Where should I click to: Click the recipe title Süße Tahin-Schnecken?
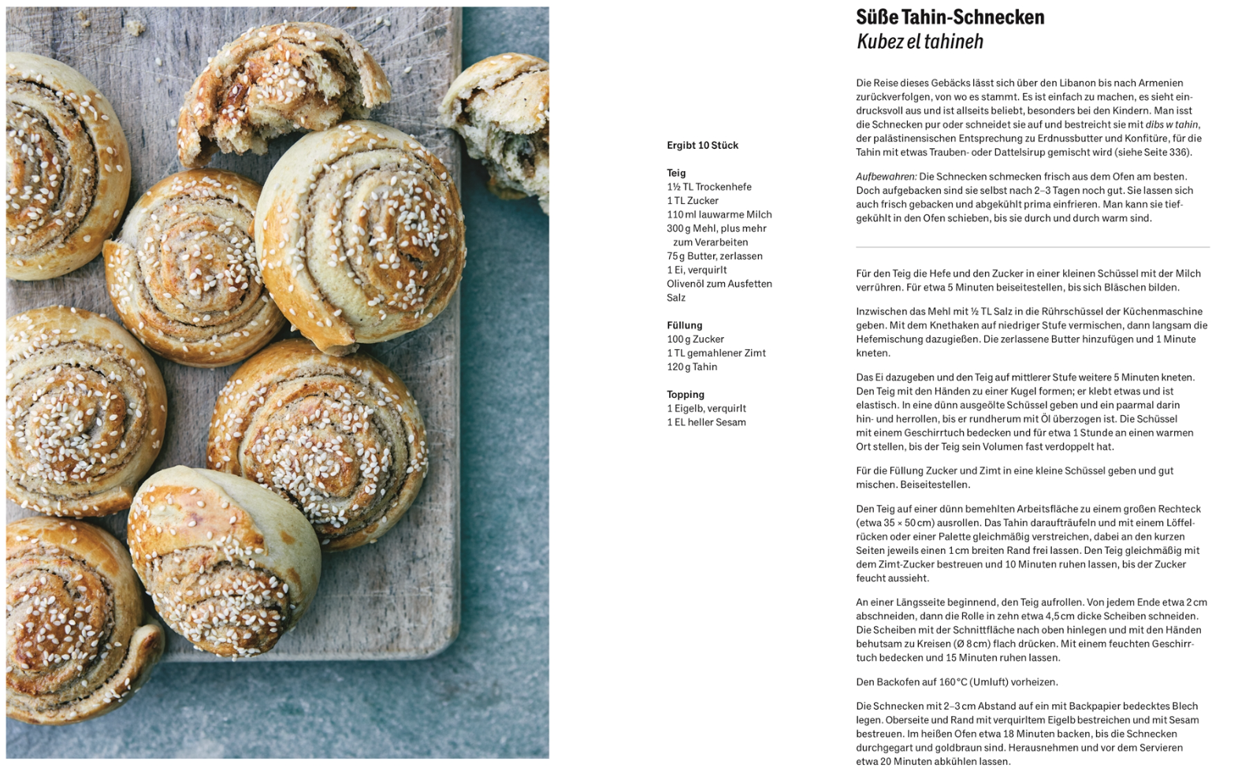[x=950, y=17]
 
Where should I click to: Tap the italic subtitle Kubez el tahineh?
[x=920, y=42]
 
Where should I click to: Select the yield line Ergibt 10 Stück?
[x=702, y=146]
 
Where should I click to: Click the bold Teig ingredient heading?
[x=676, y=173]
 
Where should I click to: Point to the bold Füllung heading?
[x=684, y=325]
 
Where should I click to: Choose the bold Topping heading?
[x=686, y=395]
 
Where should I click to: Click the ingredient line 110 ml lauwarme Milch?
[x=719, y=215]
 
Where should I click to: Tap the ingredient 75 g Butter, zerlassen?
[x=714, y=256]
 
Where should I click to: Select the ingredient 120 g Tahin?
[x=692, y=367]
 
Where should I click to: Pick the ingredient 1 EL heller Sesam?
[x=706, y=422]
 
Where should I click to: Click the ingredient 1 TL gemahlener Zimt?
[x=716, y=353]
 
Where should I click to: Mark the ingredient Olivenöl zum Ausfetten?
[x=719, y=284]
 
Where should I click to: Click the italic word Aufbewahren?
[x=886, y=176]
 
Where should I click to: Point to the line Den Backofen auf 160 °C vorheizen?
[x=957, y=682]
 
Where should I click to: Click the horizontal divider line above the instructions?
[x=1032, y=247]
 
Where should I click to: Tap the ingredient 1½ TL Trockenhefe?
[x=708, y=188]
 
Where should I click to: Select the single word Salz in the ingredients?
[x=676, y=298]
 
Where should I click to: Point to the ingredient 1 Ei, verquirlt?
[x=697, y=270]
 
